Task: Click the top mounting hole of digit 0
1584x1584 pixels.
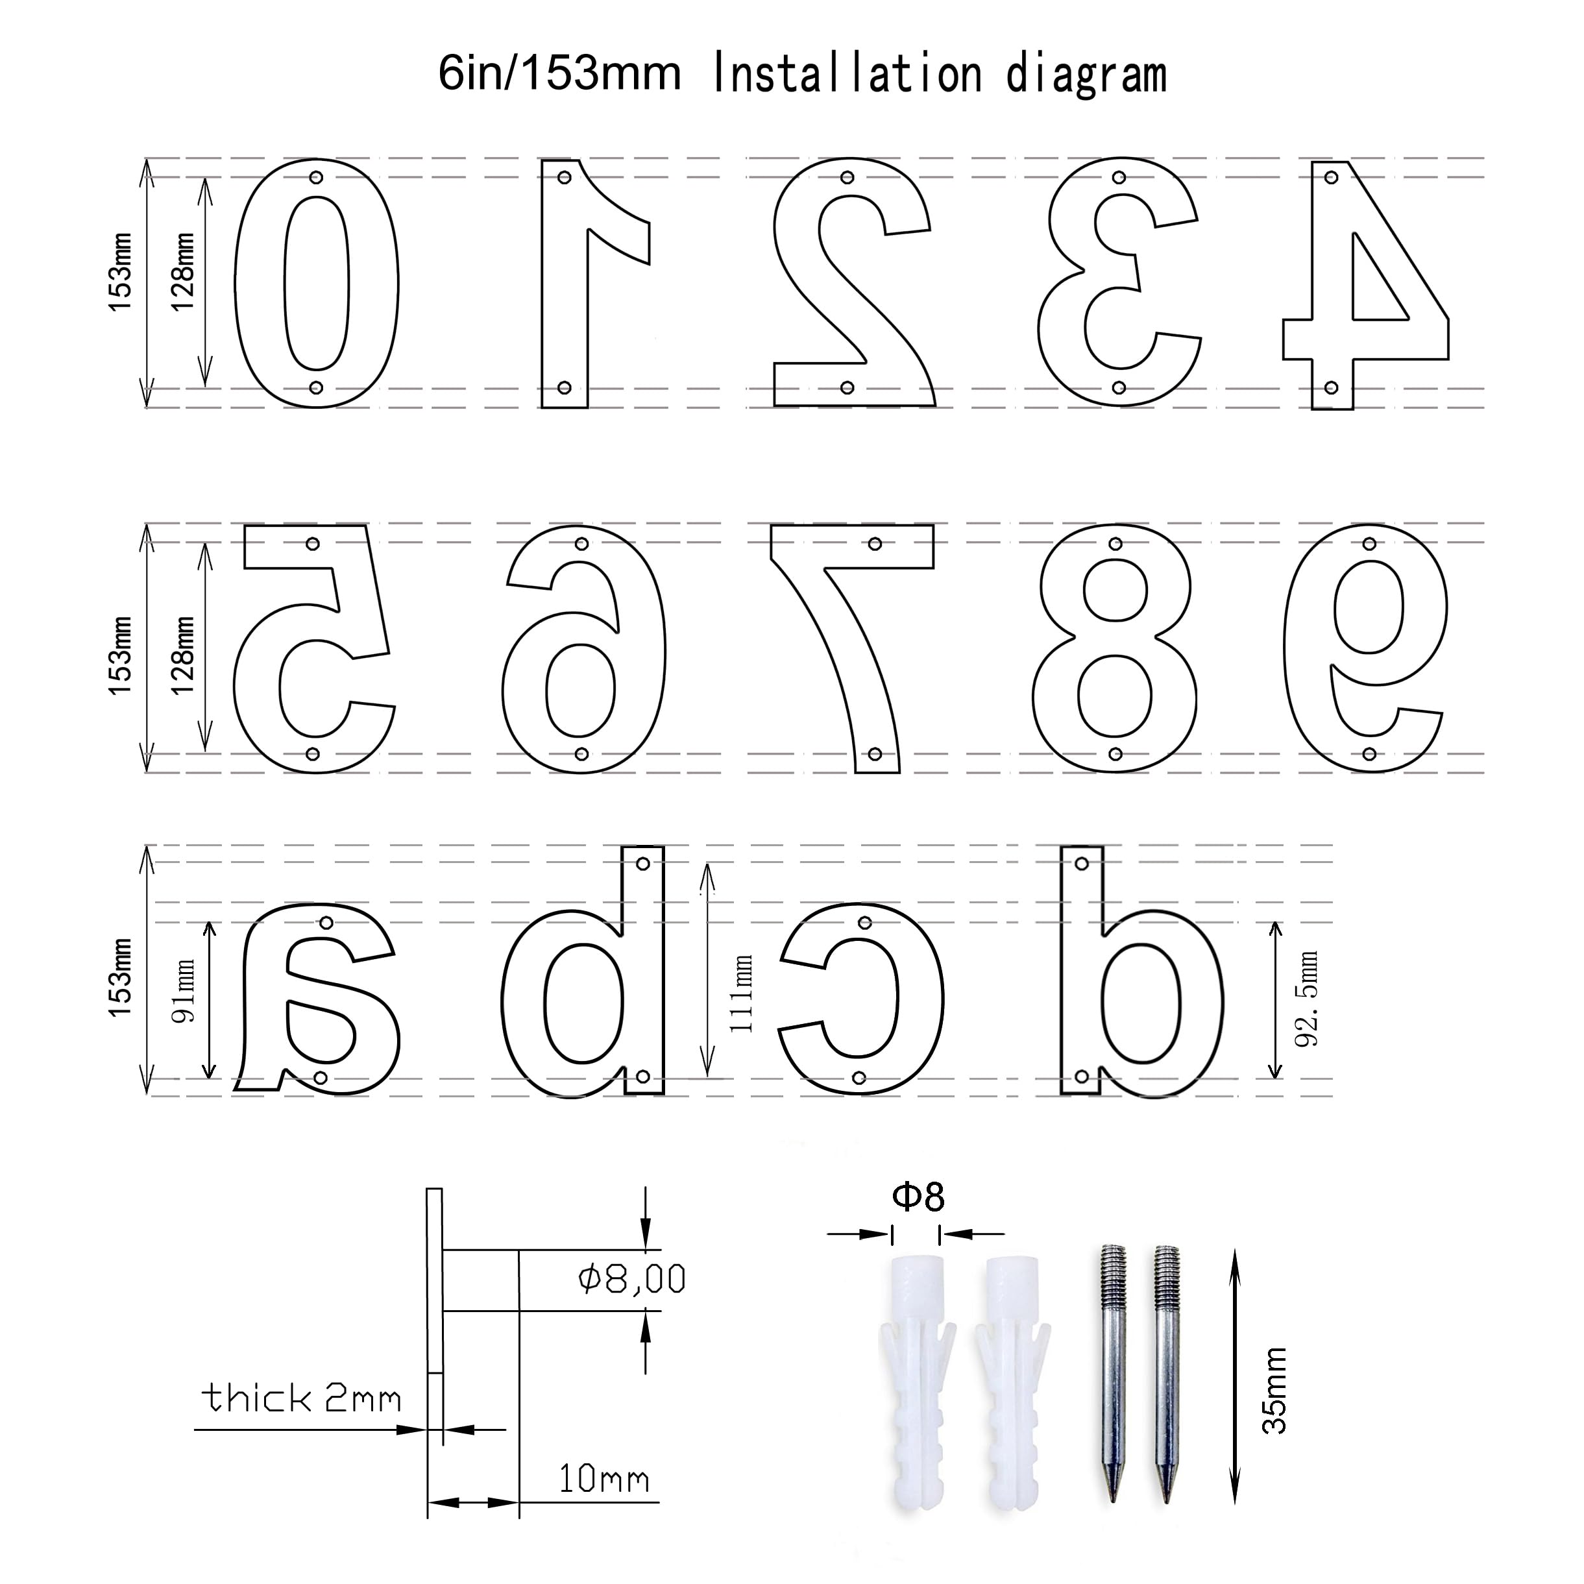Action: coord(317,177)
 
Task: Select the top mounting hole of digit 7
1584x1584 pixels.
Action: coord(875,544)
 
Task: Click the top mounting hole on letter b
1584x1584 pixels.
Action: coord(644,863)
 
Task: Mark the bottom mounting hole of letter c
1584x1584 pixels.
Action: coord(859,1077)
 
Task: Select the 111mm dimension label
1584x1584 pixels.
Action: coord(740,993)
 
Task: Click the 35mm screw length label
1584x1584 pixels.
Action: coord(1274,1390)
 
